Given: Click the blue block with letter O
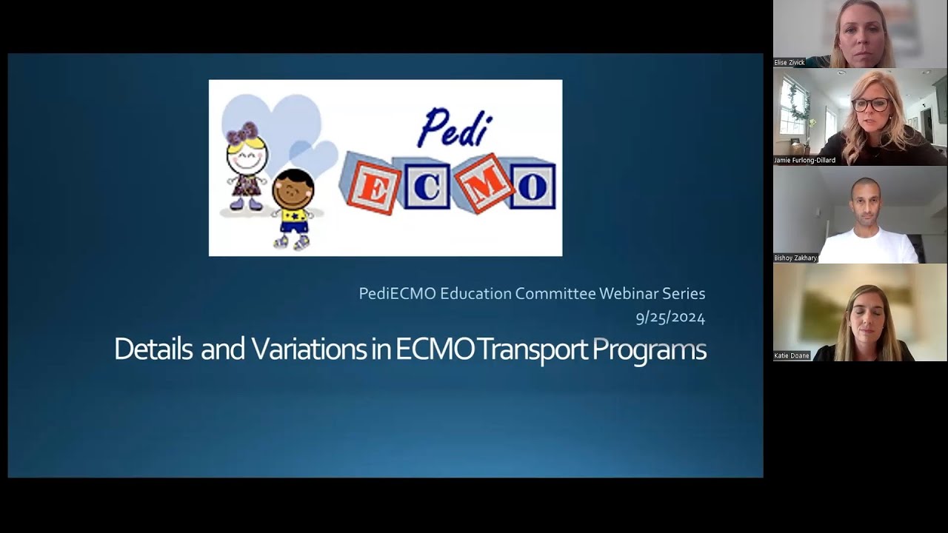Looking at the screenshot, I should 533,185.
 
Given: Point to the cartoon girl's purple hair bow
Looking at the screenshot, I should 242,133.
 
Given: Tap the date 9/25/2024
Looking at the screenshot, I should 670,318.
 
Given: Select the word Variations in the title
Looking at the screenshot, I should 309,349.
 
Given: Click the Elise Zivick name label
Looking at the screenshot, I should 790,63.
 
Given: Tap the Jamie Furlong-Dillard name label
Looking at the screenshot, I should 804,160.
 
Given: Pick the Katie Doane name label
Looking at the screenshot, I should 792,356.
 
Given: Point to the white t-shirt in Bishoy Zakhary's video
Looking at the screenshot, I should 868,246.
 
